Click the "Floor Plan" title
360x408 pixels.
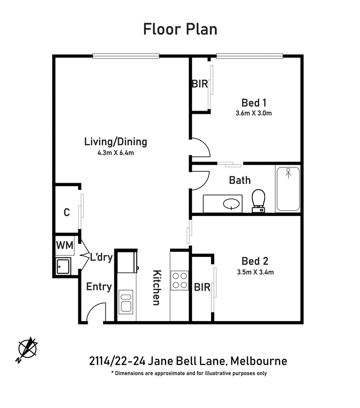point(180,29)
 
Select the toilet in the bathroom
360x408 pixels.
point(259,200)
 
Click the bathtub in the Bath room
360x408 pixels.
point(288,188)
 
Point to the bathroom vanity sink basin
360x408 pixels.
point(231,204)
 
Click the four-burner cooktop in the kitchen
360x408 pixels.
point(180,281)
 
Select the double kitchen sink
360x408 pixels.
point(126,301)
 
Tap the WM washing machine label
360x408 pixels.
point(64,246)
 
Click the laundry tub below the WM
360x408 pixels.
point(63,266)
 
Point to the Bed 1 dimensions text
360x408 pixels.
point(254,113)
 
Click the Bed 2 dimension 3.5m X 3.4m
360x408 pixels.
point(255,272)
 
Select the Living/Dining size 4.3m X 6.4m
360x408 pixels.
point(116,153)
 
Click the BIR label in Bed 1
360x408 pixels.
point(200,84)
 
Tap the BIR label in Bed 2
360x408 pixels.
point(202,287)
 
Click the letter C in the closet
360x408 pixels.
point(66,212)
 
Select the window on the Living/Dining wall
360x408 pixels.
point(126,56)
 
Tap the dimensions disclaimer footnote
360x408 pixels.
point(189,373)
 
